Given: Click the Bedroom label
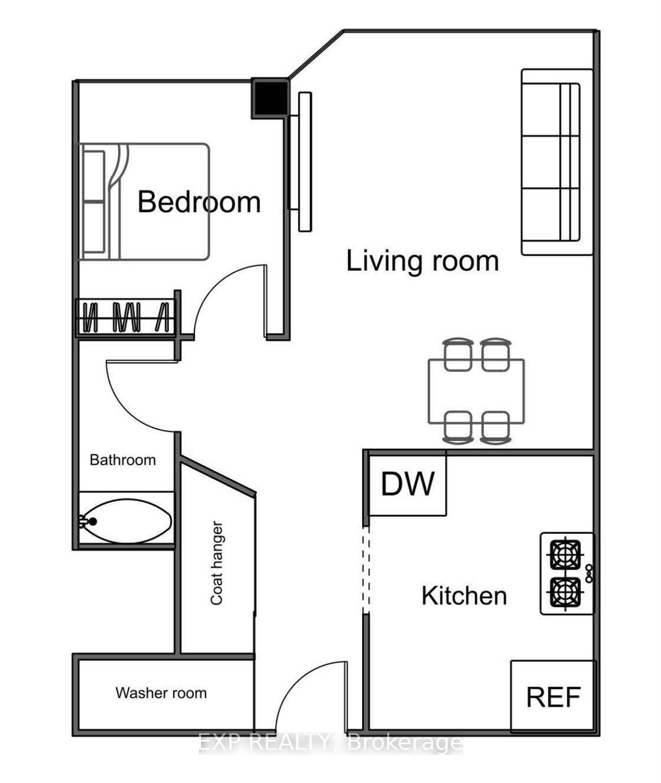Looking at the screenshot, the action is click(199, 202).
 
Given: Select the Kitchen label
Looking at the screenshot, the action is click(464, 596).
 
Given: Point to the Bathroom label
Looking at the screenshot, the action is click(123, 460).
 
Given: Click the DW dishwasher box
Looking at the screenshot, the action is click(408, 484).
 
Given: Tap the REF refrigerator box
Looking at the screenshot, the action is click(553, 697).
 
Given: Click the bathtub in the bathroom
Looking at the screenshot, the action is click(127, 521).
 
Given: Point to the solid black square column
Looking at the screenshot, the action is click(270, 98).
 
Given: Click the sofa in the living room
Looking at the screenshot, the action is click(557, 162).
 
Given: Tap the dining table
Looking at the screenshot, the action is click(476, 391).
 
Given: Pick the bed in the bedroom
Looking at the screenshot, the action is click(144, 202).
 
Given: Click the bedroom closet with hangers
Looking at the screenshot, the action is click(126, 318).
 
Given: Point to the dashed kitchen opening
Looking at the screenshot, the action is click(366, 570).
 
